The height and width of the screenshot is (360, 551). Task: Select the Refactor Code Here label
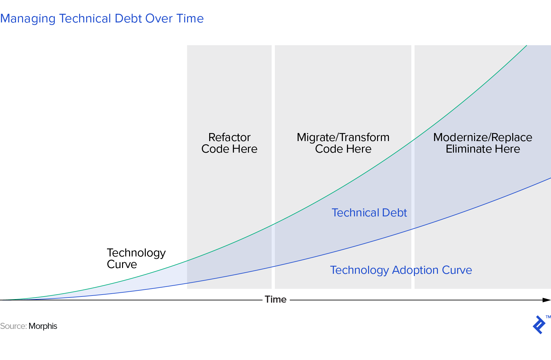tap(229, 143)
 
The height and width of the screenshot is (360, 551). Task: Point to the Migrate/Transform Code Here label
tap(343, 143)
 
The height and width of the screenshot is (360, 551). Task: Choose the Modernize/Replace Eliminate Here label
tap(483, 143)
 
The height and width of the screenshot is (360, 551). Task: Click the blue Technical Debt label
tap(369, 213)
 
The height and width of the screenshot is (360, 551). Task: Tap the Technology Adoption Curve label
tap(401, 270)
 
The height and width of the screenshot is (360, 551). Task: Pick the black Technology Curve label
tap(136, 258)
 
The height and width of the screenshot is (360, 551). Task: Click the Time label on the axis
tap(275, 299)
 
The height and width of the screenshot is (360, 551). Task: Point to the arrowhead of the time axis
tap(547, 300)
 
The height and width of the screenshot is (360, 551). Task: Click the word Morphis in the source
tap(43, 326)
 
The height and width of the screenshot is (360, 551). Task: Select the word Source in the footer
tap(13, 326)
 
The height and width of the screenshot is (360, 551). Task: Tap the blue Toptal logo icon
tap(539, 325)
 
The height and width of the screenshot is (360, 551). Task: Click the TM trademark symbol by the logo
tap(548, 317)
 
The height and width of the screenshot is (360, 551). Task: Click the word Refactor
tap(229, 137)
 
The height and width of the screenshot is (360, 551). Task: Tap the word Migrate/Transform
tap(343, 137)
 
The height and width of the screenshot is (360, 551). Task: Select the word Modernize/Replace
tap(483, 137)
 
